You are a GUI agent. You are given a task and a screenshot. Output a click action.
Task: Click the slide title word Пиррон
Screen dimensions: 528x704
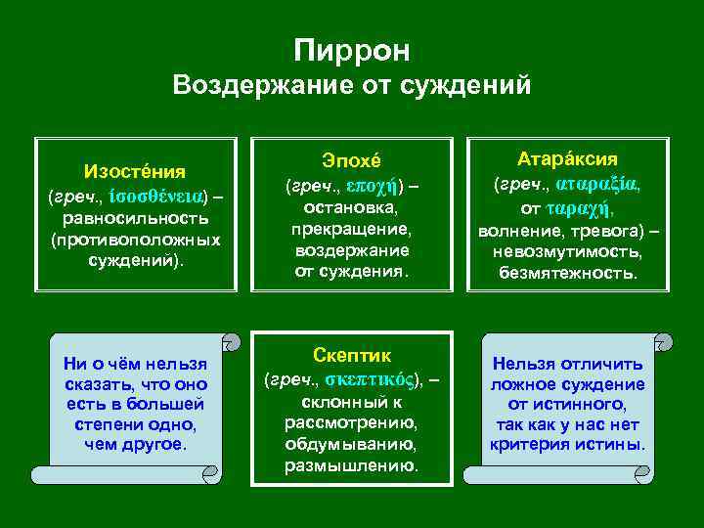352,50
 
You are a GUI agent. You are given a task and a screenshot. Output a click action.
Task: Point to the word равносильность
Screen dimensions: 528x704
135,217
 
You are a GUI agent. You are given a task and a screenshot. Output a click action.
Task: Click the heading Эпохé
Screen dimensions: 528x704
353,161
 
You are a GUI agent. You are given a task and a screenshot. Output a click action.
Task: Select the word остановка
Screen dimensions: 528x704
353,207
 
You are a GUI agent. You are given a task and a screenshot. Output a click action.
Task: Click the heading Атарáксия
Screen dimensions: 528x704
567,158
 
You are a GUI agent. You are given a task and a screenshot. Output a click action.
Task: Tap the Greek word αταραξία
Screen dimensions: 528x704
598,184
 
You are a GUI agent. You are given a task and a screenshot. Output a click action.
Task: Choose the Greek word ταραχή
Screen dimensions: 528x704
579,207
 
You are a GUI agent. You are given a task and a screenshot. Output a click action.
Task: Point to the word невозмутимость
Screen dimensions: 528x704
567,252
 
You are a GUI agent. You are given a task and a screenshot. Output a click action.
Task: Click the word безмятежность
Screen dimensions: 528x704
567,274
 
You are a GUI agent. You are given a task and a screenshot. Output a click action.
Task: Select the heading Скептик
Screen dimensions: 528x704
353,354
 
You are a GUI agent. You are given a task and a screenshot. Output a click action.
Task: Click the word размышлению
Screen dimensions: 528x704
351,465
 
